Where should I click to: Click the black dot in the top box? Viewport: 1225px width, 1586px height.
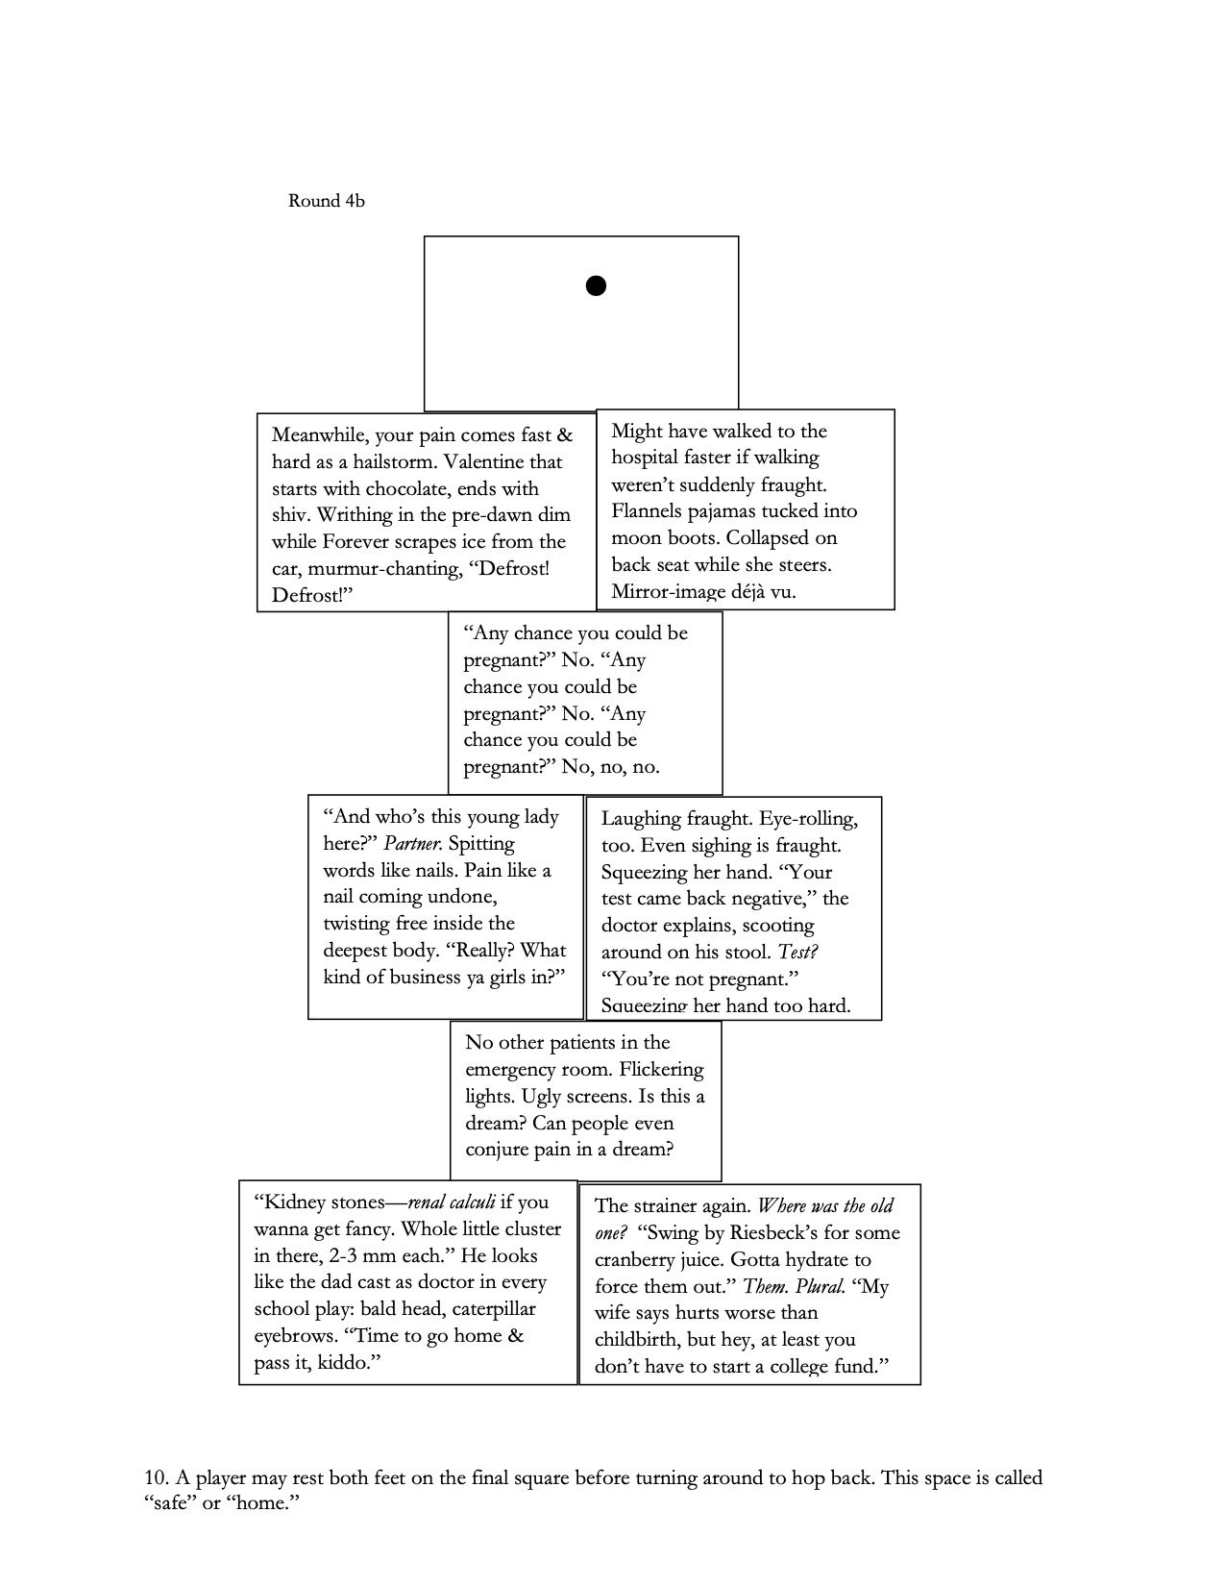click(x=596, y=285)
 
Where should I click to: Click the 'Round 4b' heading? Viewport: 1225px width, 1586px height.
click(x=327, y=201)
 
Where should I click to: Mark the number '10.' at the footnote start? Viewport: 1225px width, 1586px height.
click(x=158, y=1477)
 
